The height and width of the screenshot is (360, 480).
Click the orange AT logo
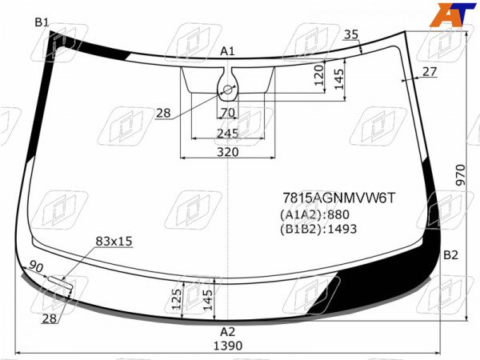click(x=453, y=14)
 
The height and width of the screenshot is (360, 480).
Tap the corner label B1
click(x=42, y=22)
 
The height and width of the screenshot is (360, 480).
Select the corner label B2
click(x=450, y=255)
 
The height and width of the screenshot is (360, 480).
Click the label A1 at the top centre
click(x=227, y=51)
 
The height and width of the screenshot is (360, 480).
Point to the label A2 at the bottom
click(x=227, y=331)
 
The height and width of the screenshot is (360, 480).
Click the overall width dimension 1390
click(x=228, y=346)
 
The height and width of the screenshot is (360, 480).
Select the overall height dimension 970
click(x=461, y=174)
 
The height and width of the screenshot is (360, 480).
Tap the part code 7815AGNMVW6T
click(x=339, y=198)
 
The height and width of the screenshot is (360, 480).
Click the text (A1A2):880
click(x=314, y=214)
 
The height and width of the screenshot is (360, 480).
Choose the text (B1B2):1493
click(x=318, y=229)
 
